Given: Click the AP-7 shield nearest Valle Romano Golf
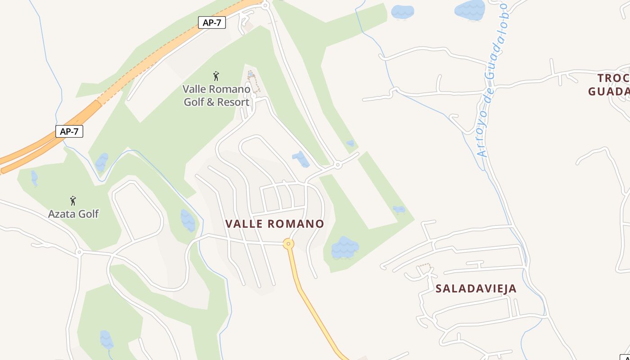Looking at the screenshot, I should [211, 22].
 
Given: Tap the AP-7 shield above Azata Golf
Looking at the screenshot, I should [69, 131].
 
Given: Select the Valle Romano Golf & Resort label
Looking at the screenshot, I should [216, 95].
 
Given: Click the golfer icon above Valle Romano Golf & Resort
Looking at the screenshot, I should [216, 76].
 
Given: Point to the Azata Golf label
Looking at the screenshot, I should [73, 214].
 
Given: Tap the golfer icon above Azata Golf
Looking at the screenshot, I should [73, 201].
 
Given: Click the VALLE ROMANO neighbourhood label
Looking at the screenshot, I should [274, 224].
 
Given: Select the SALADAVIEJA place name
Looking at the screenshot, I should [476, 288].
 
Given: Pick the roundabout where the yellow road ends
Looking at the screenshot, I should [288, 244].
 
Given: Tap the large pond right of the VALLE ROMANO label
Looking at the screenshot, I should [345, 247].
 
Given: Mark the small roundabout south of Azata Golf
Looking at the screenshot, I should [79, 252].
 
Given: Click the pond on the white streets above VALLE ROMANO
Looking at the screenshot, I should [300, 159].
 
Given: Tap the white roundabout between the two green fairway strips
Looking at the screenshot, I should [337, 165].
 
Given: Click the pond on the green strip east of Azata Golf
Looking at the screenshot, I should [188, 220].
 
